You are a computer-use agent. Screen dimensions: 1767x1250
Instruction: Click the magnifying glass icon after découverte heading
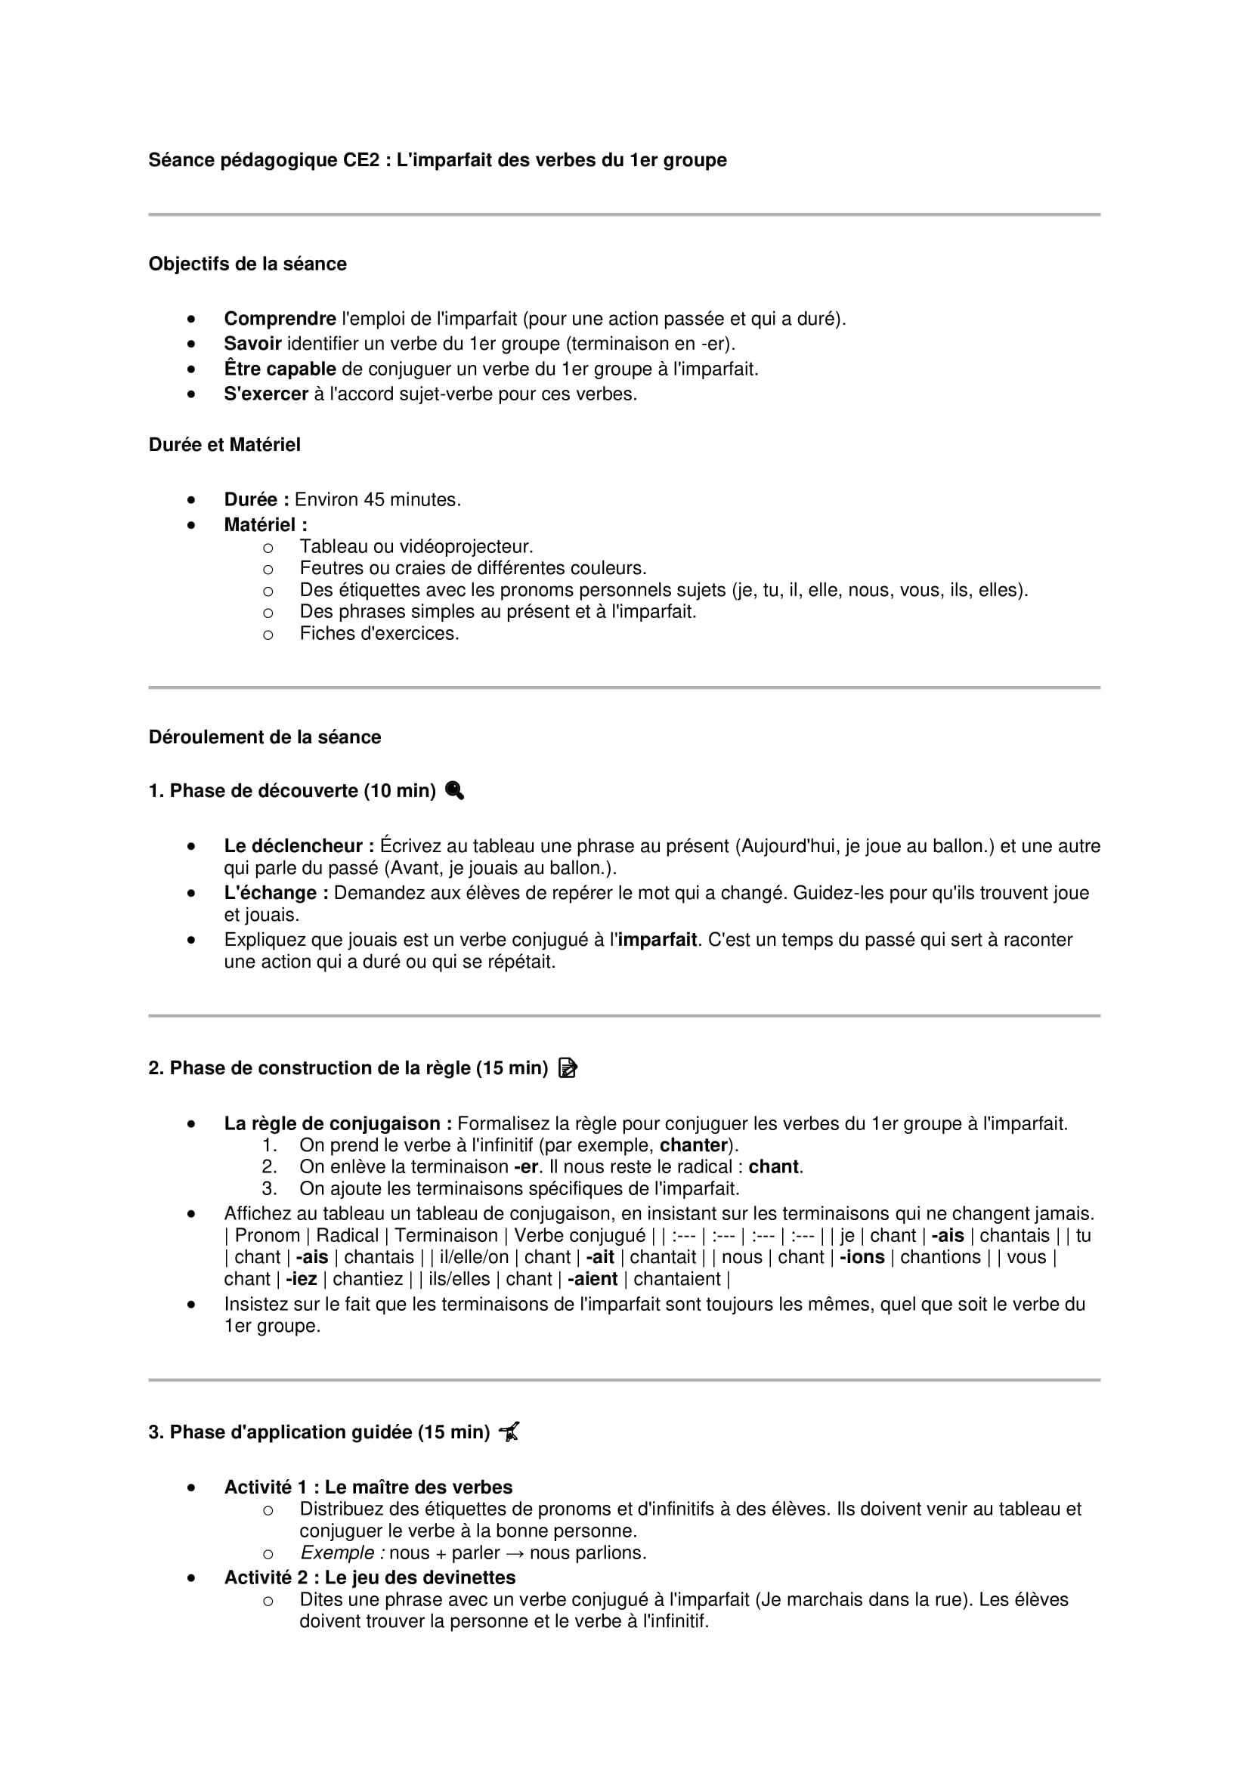tap(454, 790)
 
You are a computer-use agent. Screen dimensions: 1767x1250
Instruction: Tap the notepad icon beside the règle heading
tap(568, 1068)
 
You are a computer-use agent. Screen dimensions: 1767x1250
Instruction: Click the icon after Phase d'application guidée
tap(509, 1432)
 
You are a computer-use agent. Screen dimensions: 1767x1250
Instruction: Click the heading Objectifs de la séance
tap(247, 264)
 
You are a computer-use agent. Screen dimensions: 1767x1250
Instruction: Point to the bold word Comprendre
tap(280, 319)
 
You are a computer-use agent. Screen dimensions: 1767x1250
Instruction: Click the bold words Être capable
tap(280, 369)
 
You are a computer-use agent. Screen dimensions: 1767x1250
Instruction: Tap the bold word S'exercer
tap(265, 394)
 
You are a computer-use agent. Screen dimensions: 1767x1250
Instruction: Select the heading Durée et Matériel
tap(224, 445)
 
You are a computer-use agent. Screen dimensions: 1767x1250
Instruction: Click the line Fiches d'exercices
tap(379, 633)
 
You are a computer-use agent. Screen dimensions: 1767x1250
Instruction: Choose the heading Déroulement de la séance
tap(265, 737)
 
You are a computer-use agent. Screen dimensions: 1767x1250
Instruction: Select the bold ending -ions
tap(862, 1257)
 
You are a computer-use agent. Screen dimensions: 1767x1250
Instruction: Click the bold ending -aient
tap(592, 1279)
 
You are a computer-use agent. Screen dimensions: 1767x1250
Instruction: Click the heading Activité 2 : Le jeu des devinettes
tap(370, 1577)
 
